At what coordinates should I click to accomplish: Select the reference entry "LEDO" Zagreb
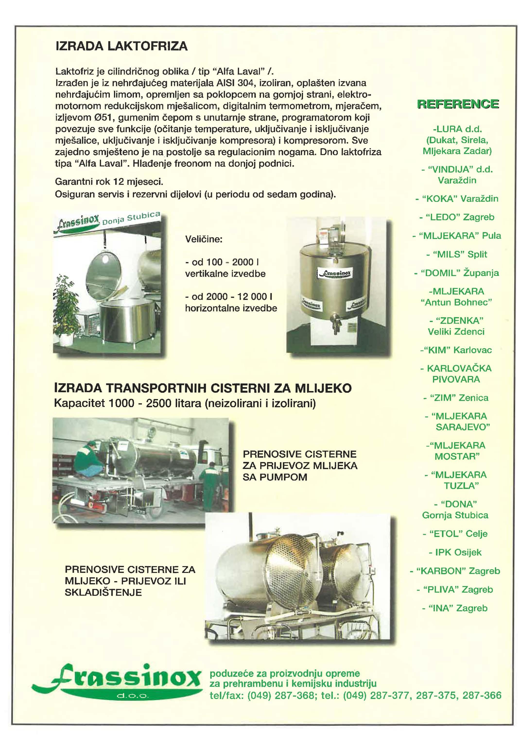pyautogui.click(x=457, y=217)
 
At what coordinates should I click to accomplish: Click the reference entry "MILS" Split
pyautogui.click(x=457, y=254)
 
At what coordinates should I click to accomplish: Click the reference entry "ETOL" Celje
pyautogui.click(x=455, y=534)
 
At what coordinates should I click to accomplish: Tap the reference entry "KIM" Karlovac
pyautogui.click(x=456, y=350)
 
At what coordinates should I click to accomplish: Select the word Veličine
pyautogui.click(x=204, y=239)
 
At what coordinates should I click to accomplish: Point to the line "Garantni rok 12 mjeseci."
pyautogui.click(x=109, y=181)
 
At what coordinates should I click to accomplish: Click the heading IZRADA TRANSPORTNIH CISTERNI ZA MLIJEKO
pyautogui.click(x=203, y=388)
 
